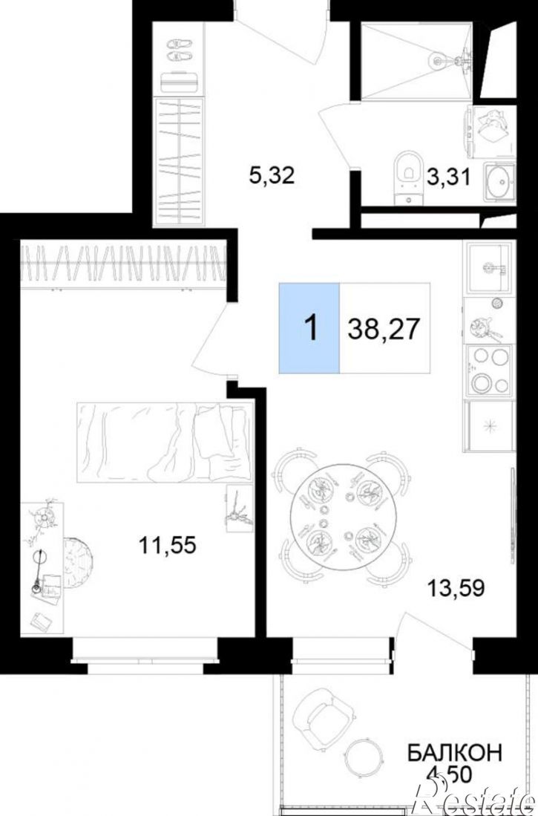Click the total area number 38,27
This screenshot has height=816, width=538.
pyautogui.click(x=384, y=328)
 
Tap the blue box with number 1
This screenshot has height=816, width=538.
pyautogui.click(x=309, y=328)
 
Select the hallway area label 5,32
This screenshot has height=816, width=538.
pyautogui.click(x=272, y=175)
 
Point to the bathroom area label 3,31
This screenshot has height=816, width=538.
pyautogui.click(x=449, y=177)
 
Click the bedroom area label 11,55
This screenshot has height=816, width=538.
pyautogui.click(x=167, y=545)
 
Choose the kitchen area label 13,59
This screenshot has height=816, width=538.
pyautogui.click(x=456, y=587)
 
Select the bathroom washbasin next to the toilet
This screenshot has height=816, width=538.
pyautogui.click(x=500, y=181)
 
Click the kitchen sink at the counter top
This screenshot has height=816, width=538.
pyautogui.click(x=489, y=267)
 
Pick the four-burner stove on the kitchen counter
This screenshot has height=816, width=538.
pyautogui.click(x=489, y=371)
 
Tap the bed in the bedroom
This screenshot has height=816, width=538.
pyautogui.click(x=165, y=442)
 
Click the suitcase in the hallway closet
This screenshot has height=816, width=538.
pyautogui.click(x=180, y=82)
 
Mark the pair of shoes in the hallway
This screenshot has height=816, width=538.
pyautogui.click(x=180, y=50)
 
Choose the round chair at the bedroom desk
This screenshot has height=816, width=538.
pyautogui.click(x=79, y=563)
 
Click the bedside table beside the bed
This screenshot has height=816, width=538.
pyautogui.click(x=240, y=509)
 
